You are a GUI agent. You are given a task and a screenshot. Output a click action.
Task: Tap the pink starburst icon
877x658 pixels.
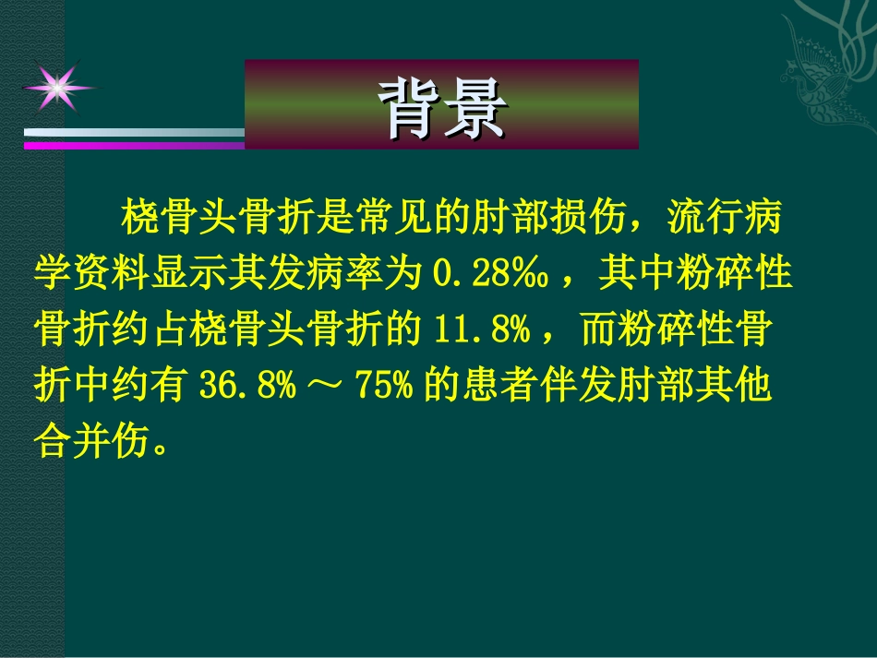coord(57,86)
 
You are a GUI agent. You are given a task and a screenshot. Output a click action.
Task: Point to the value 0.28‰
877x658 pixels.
coord(492,274)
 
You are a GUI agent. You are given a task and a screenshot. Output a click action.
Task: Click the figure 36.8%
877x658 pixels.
coord(248,384)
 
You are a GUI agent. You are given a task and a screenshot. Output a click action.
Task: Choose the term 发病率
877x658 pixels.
coord(358,274)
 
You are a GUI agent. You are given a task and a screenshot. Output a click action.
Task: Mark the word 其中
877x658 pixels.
coord(627,274)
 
